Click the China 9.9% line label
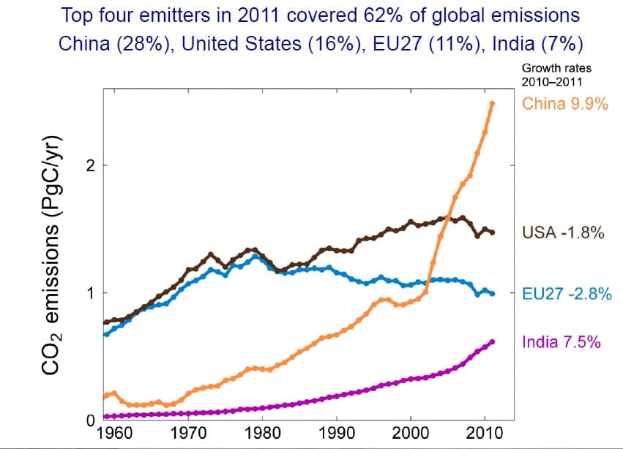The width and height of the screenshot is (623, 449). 565,103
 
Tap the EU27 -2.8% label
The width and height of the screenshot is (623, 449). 566,294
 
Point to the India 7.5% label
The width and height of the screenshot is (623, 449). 562,342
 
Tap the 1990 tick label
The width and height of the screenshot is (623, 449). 337,432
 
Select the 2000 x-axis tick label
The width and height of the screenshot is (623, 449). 411,432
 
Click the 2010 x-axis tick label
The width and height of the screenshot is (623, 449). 485,432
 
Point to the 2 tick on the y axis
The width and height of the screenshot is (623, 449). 90,166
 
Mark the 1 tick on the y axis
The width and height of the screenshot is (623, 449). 90,293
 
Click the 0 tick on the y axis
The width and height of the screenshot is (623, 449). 90,421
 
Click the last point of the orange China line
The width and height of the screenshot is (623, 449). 492,103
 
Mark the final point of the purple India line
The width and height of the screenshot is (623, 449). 492,342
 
